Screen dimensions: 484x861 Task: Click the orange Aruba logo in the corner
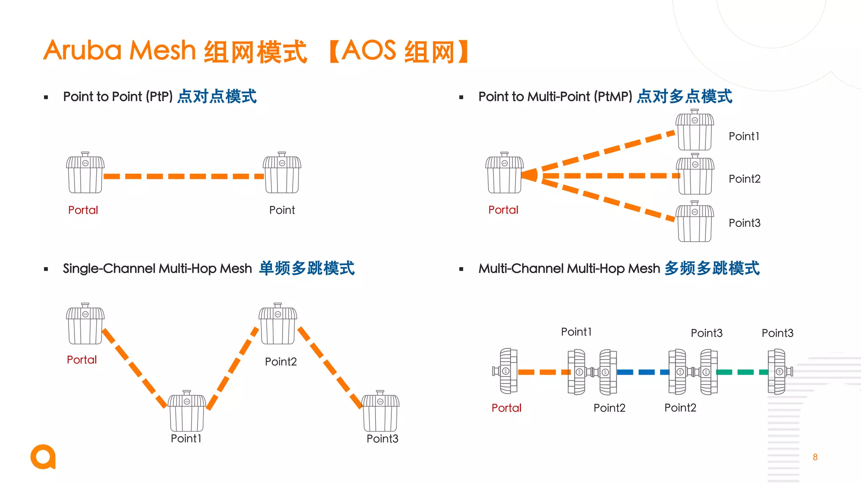click(x=43, y=457)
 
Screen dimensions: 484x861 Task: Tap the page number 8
click(x=815, y=457)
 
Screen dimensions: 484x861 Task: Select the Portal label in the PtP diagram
click(x=83, y=210)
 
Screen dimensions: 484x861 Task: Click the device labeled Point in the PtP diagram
click(x=282, y=173)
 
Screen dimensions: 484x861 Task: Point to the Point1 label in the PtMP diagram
click(x=744, y=137)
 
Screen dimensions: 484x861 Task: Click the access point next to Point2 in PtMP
click(x=695, y=174)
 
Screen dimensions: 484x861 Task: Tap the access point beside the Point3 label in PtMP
click(x=695, y=221)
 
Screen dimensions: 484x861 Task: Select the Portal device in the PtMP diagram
click(x=504, y=173)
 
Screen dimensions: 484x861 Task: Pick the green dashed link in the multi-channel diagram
click(x=742, y=372)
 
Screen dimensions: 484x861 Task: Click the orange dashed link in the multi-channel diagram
click(x=542, y=372)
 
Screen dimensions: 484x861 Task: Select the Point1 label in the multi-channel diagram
click(x=576, y=332)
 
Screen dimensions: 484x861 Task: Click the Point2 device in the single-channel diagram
click(x=277, y=324)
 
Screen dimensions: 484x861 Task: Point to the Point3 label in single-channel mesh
click(x=382, y=439)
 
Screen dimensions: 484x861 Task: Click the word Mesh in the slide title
click(x=163, y=50)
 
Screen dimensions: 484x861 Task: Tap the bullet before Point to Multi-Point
click(x=461, y=97)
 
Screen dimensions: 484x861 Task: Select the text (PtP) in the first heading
click(x=159, y=97)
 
